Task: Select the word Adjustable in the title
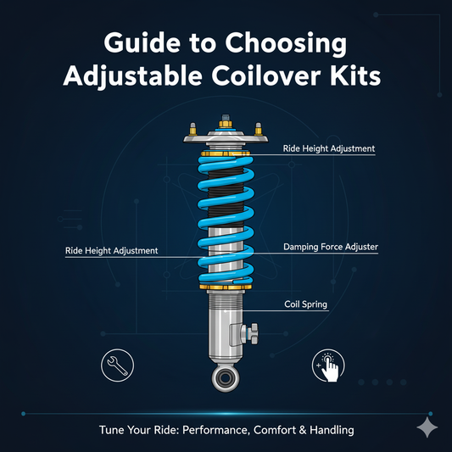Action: pos(137,77)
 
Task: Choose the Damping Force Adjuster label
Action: pos(329,247)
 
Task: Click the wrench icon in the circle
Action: pos(116,362)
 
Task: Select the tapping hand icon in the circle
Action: pos(330,365)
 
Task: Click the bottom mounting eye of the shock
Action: pos(226,377)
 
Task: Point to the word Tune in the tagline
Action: pos(111,431)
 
